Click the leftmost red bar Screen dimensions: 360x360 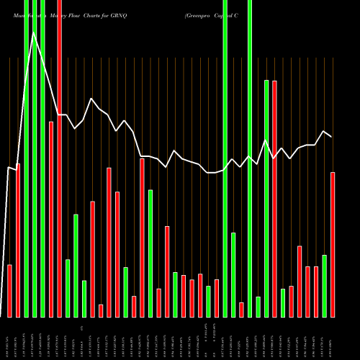click(10, 291)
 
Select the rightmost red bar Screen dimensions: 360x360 click(333, 245)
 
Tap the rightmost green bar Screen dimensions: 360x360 click(324, 286)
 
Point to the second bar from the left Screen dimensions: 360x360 click(18, 240)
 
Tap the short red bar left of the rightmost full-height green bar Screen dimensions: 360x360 click(241, 310)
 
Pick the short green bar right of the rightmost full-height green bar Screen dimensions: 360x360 click(258, 307)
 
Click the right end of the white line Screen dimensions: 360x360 click(332, 136)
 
